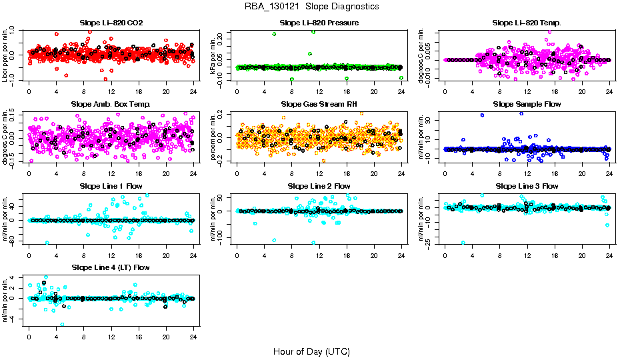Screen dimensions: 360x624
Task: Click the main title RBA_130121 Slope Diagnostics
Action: [x=311, y=6]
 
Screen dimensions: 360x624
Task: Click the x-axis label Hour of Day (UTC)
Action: [x=311, y=351]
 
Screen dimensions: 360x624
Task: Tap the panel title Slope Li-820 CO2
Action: [x=111, y=23]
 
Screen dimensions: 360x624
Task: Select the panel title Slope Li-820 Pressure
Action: [x=319, y=23]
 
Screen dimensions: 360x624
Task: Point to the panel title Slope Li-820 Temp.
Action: [x=527, y=23]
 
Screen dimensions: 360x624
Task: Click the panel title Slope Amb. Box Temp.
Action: [x=111, y=104]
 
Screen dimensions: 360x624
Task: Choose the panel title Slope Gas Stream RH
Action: [x=319, y=104]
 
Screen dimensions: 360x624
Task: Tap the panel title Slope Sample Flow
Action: [x=527, y=104]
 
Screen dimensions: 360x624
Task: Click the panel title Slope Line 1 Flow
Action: [x=111, y=185]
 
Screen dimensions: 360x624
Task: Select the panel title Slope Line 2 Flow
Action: [x=319, y=185]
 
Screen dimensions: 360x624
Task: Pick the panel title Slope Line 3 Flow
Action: [x=527, y=185]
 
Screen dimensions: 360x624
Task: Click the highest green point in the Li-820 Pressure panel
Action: [x=313, y=31]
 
